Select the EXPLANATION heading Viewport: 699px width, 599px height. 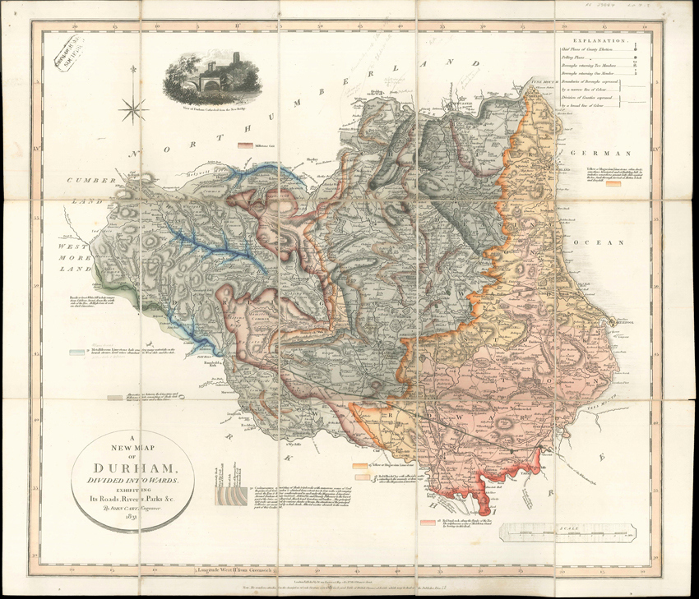(599, 39)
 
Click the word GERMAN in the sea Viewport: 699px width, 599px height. (603, 154)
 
